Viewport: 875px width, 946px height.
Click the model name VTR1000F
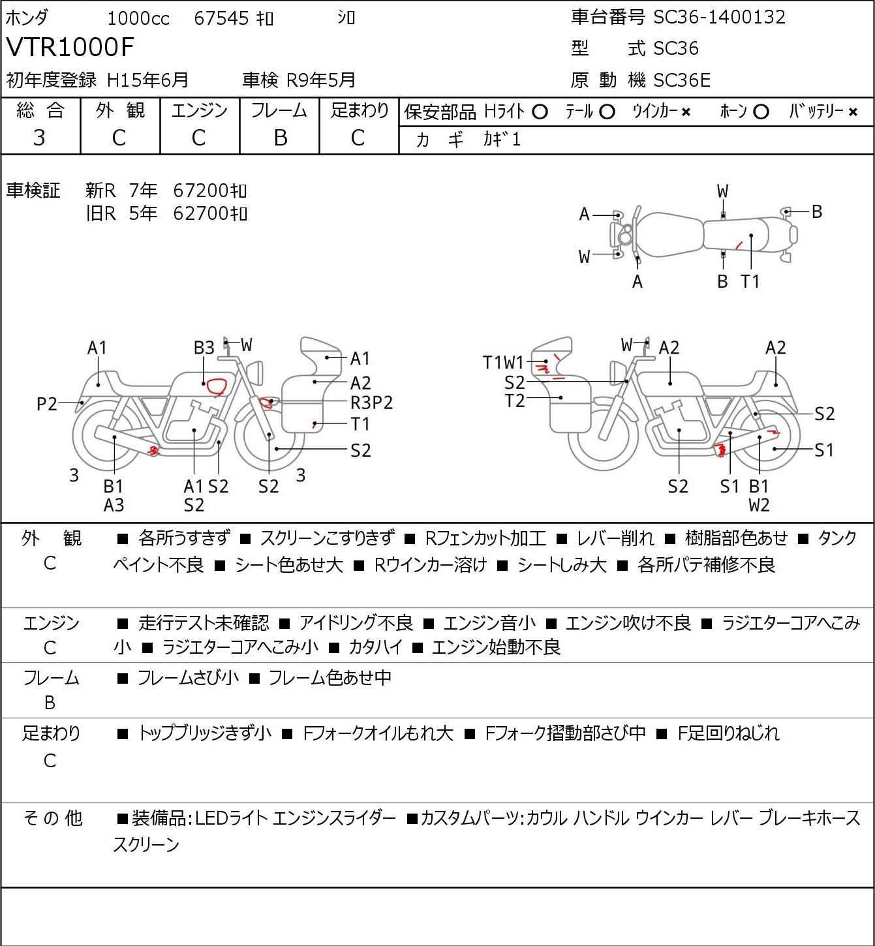coord(70,47)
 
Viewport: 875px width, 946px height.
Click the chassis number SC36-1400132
coord(719,18)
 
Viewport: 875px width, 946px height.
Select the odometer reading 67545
coord(221,18)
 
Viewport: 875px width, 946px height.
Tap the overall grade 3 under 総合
coord(39,138)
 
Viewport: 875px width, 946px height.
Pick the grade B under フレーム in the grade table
coord(280,138)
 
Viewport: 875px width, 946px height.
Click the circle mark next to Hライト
coord(540,112)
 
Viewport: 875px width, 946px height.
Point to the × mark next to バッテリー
coord(853,112)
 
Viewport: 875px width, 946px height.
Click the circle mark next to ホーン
coord(761,112)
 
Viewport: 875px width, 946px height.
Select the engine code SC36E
coord(682,80)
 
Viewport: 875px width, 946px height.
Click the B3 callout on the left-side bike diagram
coord(204,348)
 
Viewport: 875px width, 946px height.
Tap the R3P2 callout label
coord(372,403)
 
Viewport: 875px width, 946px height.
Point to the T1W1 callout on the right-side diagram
coord(503,363)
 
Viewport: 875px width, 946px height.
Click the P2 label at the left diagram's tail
coord(47,404)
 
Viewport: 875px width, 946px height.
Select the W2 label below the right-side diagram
coord(759,505)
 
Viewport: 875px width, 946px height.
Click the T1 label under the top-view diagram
coord(750,281)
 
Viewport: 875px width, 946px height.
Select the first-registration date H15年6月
coord(147,80)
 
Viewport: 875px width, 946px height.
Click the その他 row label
coord(52,818)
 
